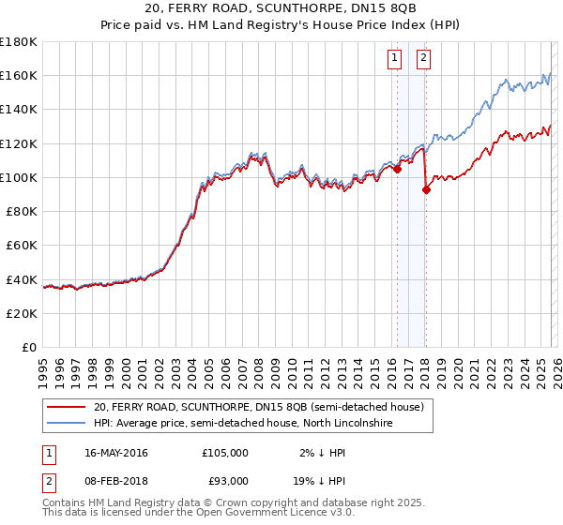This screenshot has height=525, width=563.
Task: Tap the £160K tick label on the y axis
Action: pyautogui.click(x=19, y=75)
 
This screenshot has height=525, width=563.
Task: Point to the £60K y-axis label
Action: pyautogui.click(x=22, y=245)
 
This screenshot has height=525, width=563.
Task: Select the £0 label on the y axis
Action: pyautogui.click(x=29, y=347)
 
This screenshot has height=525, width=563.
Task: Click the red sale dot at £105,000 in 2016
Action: pyautogui.click(x=397, y=170)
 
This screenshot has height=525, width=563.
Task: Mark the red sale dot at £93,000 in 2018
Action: pyautogui.click(x=426, y=189)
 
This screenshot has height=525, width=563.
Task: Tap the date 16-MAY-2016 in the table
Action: pyautogui.click(x=116, y=453)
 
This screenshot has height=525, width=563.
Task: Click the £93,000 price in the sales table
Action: pyautogui.click(x=224, y=481)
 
